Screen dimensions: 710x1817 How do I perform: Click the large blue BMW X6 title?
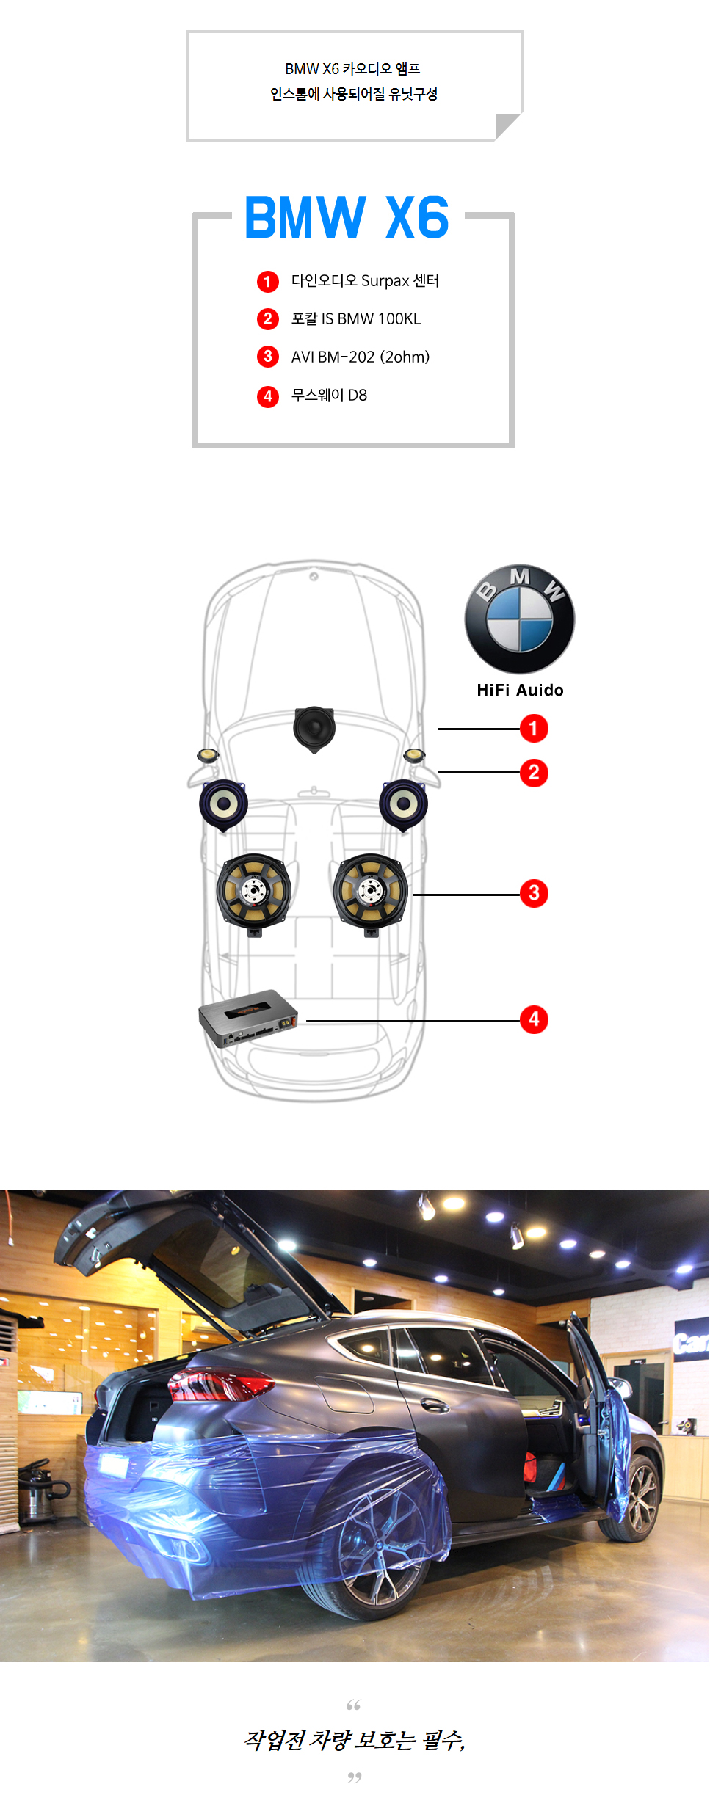pyautogui.click(x=347, y=217)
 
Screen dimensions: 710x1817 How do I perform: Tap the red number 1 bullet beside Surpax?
pyautogui.click(x=268, y=281)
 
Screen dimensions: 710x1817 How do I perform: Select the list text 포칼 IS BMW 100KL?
pyautogui.click(x=356, y=318)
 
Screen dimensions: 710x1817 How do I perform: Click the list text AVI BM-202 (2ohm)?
pyautogui.click(x=361, y=357)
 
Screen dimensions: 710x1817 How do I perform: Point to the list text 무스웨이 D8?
pyautogui.click(x=329, y=395)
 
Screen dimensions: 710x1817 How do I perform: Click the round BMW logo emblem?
pyautogui.click(x=520, y=619)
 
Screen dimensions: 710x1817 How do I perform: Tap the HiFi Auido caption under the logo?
pyautogui.click(x=520, y=690)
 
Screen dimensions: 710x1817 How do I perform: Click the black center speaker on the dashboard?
pyautogui.click(x=314, y=729)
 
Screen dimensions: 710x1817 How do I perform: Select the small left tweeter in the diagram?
pyautogui.click(x=208, y=755)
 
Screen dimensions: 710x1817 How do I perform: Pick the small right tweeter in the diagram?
pyautogui.click(x=414, y=755)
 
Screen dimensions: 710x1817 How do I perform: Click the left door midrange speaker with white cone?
pyautogui.click(x=223, y=805)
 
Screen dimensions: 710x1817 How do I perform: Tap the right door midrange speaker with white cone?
pyautogui.click(x=403, y=805)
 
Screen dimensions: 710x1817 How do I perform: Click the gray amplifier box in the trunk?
pyautogui.click(x=248, y=1018)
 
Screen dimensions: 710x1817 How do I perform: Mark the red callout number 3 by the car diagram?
pyautogui.click(x=534, y=893)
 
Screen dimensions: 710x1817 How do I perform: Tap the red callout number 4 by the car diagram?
pyautogui.click(x=534, y=1019)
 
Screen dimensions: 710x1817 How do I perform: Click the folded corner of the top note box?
pyautogui.click(x=507, y=125)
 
